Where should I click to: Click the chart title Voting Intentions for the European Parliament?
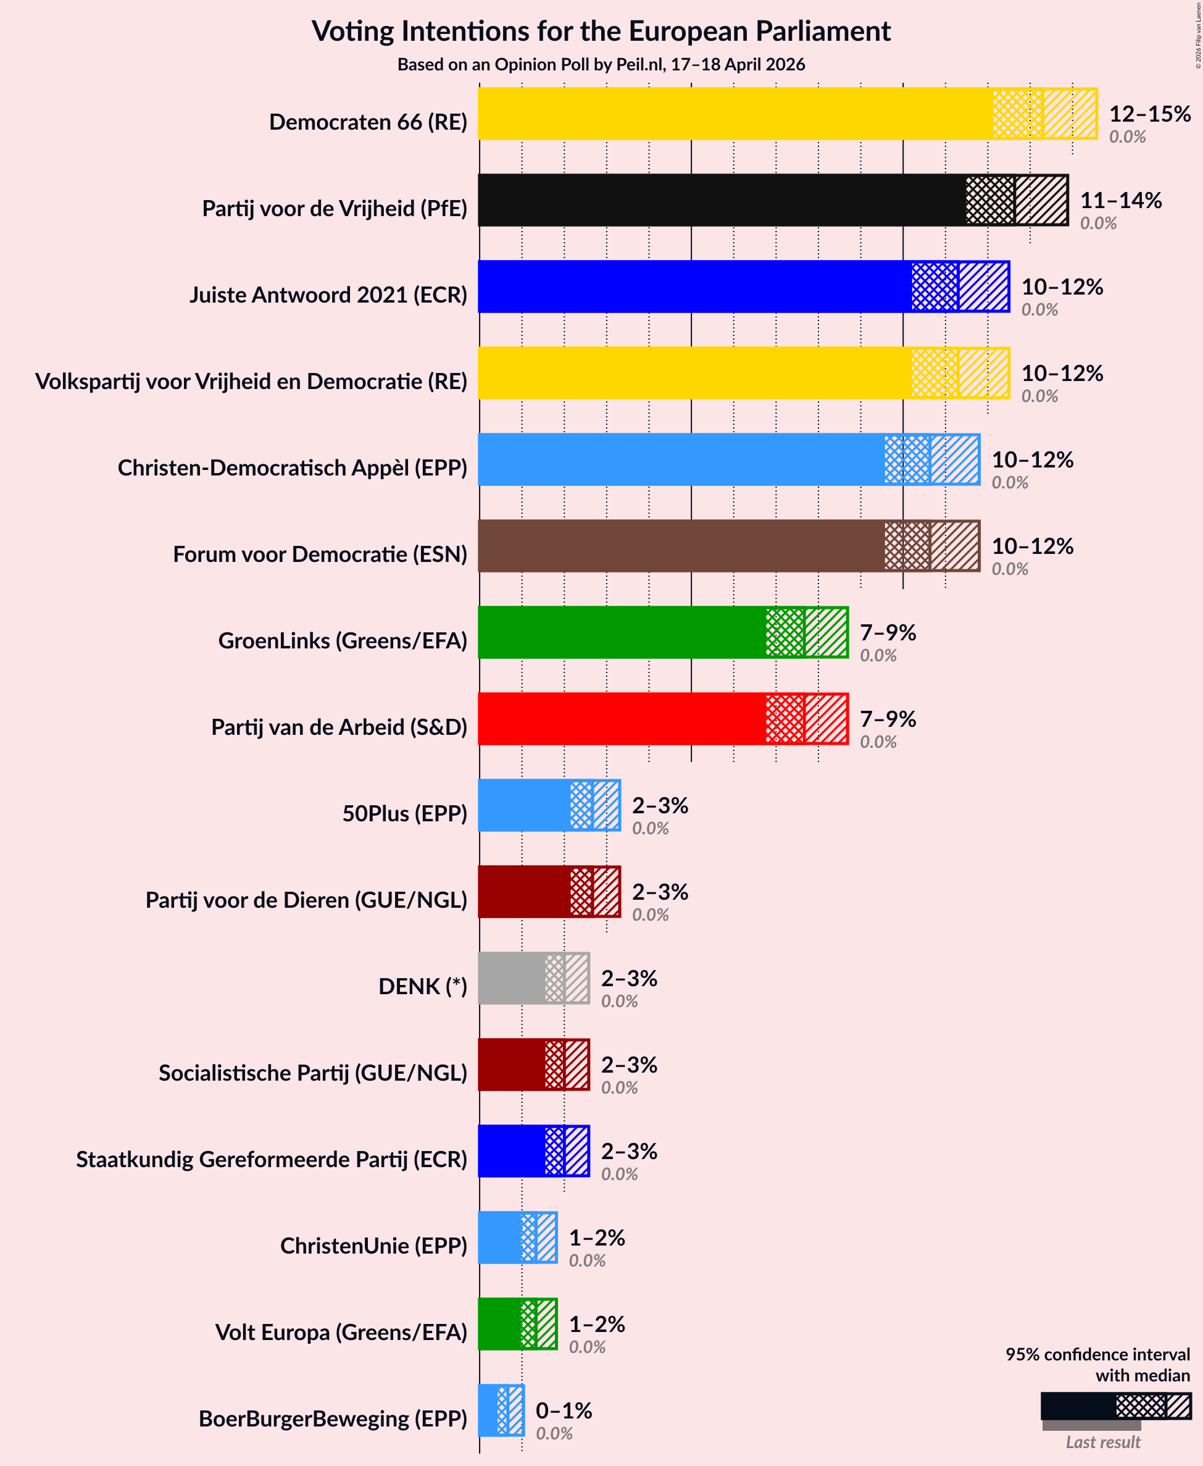coord(601,32)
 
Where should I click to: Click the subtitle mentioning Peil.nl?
coord(601,64)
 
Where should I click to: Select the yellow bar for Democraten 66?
coord(735,113)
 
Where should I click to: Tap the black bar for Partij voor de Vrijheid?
coord(721,199)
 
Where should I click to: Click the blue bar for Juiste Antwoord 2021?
coord(693,287)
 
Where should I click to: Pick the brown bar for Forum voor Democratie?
coord(679,545)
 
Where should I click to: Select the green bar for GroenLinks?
coord(620,632)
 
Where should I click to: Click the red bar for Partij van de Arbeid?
coord(620,719)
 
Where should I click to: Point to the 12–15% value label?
coord(1150,114)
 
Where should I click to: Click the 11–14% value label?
coord(1120,200)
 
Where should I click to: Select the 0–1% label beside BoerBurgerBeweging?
coord(564,1410)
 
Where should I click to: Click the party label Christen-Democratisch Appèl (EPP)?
coord(293,468)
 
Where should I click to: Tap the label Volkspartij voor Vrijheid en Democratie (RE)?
coord(251,381)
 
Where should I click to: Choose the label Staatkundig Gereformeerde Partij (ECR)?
coord(272,1159)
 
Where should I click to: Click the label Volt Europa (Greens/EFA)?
coord(341,1332)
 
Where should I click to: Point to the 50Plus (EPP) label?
coord(405,813)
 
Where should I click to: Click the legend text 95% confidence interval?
coord(1097,1354)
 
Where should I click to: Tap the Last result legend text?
coord(1102,1443)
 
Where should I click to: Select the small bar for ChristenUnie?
coord(501,1238)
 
